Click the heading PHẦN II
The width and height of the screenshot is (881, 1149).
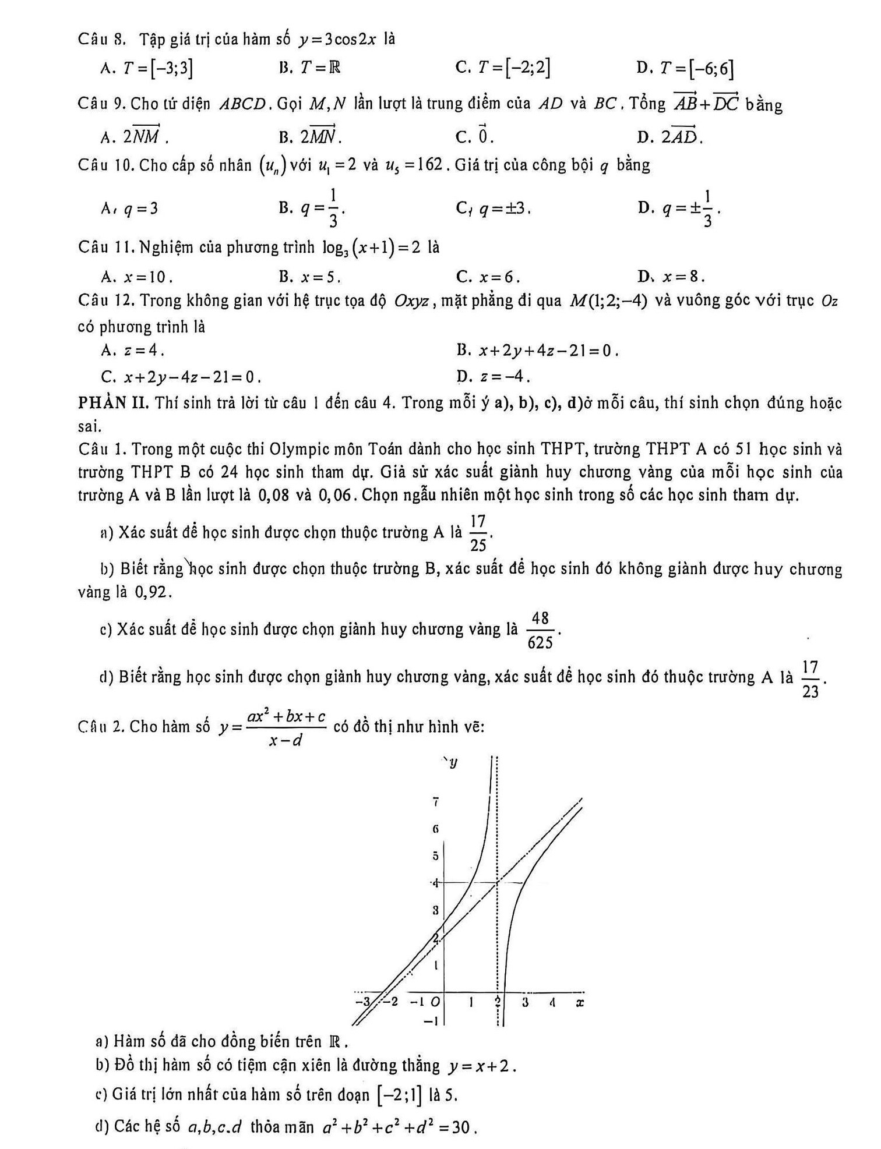[x=114, y=402]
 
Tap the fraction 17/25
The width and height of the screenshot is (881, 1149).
[x=478, y=532]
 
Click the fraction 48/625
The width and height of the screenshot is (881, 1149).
[x=540, y=630]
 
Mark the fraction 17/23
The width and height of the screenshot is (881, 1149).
[x=810, y=678]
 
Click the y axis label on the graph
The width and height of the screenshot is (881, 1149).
[x=453, y=762]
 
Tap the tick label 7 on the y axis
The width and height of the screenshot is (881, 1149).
[x=435, y=802]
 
